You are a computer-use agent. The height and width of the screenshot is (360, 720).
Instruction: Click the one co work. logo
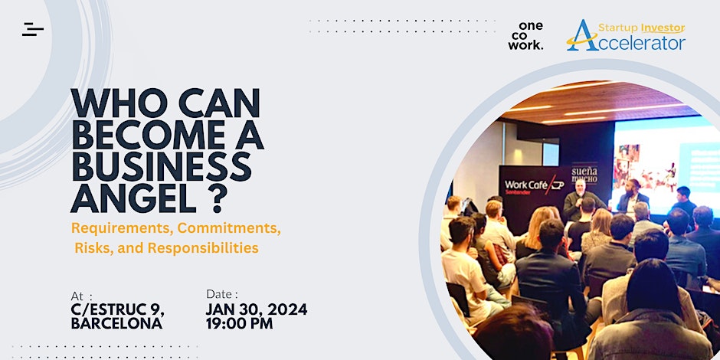(x=525, y=35)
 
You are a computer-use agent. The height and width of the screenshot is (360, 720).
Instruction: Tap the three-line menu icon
(x=33, y=29)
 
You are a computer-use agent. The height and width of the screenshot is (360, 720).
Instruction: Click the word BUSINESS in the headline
(x=162, y=167)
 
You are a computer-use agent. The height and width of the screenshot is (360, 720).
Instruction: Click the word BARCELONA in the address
(x=116, y=322)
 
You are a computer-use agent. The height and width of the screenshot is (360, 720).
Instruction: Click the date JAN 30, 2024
(x=257, y=309)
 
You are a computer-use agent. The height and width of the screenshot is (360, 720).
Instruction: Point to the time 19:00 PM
(x=239, y=322)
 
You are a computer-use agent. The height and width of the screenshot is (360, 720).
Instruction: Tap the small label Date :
(x=222, y=294)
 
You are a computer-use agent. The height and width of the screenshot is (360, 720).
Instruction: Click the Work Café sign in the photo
(x=535, y=186)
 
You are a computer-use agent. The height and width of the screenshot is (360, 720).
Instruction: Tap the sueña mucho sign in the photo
(x=584, y=175)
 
